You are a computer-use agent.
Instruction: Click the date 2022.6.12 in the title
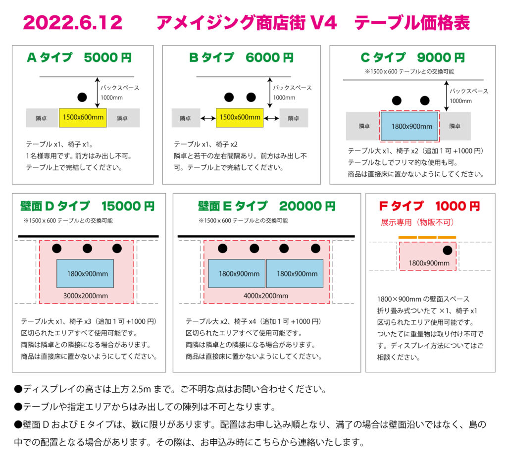73,23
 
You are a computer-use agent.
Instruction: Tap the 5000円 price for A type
107,57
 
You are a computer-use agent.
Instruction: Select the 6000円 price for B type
269,57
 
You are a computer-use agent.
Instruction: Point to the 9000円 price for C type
441,57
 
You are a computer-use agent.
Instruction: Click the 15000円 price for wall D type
128,206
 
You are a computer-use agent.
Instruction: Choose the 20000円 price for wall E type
307,206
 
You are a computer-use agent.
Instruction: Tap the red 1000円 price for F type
457,206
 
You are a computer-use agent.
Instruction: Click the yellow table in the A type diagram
83,118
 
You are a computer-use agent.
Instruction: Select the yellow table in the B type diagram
240,118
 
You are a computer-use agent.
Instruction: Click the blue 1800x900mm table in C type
409,126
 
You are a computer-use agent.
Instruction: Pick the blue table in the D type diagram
85,273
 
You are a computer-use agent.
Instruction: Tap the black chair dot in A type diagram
82,97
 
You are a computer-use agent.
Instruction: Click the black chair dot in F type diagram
448,250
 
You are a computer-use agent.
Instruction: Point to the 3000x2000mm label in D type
85,296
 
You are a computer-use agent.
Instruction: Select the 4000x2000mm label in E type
266,296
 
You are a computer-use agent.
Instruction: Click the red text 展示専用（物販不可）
417,222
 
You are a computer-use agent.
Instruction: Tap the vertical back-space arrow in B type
270,93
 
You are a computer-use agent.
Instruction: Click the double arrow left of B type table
208,118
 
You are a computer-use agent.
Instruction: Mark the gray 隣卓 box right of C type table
455,126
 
